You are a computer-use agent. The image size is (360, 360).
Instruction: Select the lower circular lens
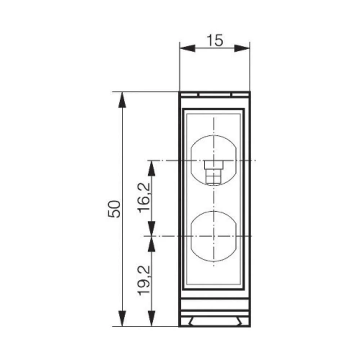[214, 236]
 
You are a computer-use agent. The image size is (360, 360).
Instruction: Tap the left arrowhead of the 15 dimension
[187, 48]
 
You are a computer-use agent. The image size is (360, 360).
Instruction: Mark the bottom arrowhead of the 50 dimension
[123, 318]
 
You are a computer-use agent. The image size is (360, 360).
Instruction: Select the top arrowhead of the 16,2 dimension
[152, 168]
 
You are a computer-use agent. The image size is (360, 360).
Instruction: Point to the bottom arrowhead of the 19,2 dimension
[152, 318]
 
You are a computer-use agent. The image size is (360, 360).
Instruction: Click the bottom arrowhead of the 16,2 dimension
[152, 228]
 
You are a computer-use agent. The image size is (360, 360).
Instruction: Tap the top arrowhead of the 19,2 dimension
[152, 244]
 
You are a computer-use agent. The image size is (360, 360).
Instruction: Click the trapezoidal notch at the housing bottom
[214, 321]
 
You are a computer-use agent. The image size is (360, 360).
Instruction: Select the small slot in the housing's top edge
[215, 95]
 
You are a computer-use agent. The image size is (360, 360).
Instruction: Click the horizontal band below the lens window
[214, 304]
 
